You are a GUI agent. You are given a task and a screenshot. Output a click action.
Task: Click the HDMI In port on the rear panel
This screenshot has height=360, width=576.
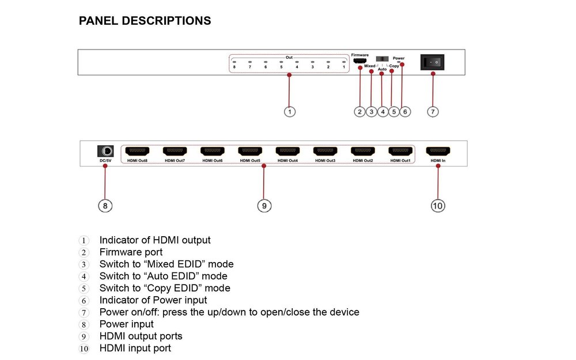[x=438, y=151]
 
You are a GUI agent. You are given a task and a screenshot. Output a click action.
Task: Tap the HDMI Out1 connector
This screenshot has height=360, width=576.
[x=400, y=151]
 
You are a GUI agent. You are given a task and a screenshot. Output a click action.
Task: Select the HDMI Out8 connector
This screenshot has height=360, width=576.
[x=137, y=151]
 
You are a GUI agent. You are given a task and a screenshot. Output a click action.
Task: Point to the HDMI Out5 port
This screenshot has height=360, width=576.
[x=250, y=151]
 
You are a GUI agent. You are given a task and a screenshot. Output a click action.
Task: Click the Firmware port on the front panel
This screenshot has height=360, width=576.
[x=359, y=61]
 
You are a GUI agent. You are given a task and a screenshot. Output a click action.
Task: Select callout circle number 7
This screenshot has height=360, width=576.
[x=434, y=112]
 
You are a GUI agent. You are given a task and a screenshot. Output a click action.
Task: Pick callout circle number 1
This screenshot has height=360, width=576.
[x=290, y=112]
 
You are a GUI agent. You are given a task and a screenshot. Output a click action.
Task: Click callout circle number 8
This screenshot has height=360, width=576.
[x=105, y=206]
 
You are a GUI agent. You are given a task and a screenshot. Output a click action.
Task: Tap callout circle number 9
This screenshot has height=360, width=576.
[x=264, y=206]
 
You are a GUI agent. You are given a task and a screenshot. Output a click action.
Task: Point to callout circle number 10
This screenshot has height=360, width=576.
[x=438, y=206]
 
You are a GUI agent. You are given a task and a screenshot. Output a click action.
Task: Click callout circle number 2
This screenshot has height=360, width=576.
[x=359, y=112]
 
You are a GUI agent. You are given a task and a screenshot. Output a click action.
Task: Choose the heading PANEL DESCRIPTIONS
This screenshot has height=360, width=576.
[x=145, y=21]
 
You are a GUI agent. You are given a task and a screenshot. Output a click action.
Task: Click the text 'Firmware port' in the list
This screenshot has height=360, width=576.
[x=131, y=252]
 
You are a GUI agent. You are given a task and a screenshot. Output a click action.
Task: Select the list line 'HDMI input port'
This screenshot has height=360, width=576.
[x=135, y=348]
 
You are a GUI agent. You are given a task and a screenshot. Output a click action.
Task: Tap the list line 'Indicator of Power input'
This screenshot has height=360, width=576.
[x=153, y=300]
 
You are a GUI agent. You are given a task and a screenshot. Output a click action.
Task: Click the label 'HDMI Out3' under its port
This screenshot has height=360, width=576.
[x=325, y=161]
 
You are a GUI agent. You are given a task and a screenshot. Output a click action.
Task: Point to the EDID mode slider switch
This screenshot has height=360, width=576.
[x=382, y=59]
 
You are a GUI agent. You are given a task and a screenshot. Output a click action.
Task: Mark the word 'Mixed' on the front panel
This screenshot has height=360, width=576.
[x=369, y=66]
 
